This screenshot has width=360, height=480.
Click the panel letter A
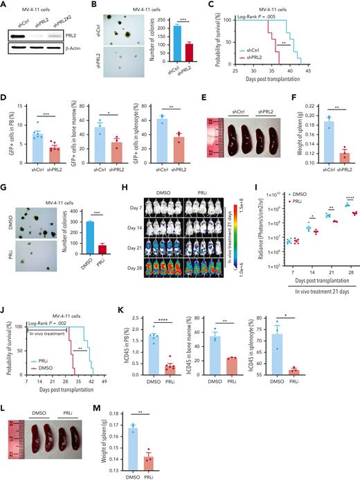click(x=4, y=6)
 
